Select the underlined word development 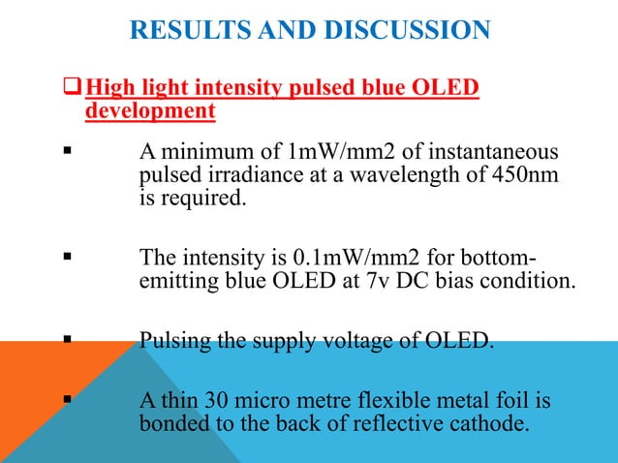click(150, 112)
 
